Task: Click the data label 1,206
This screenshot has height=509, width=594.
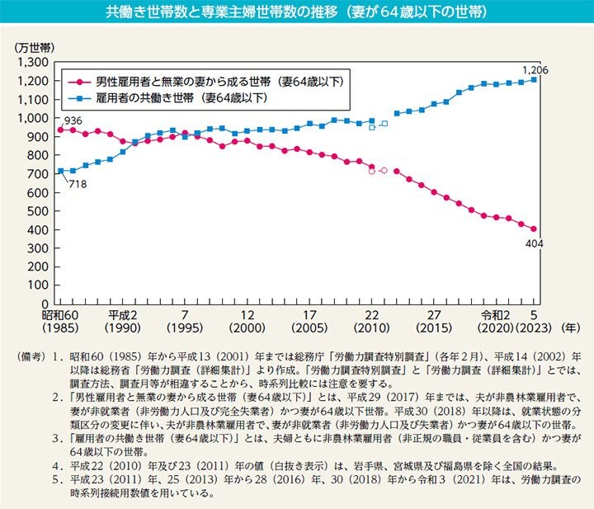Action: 534,68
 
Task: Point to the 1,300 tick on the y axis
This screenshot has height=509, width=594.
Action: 37,62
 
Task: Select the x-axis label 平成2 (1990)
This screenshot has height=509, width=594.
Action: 122,322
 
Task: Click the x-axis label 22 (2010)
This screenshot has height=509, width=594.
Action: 371,322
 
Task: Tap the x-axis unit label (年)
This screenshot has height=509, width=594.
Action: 568,327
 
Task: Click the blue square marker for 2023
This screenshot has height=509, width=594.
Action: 534,80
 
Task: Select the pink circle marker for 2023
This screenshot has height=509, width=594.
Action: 534,229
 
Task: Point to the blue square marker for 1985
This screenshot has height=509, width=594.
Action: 60,171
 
